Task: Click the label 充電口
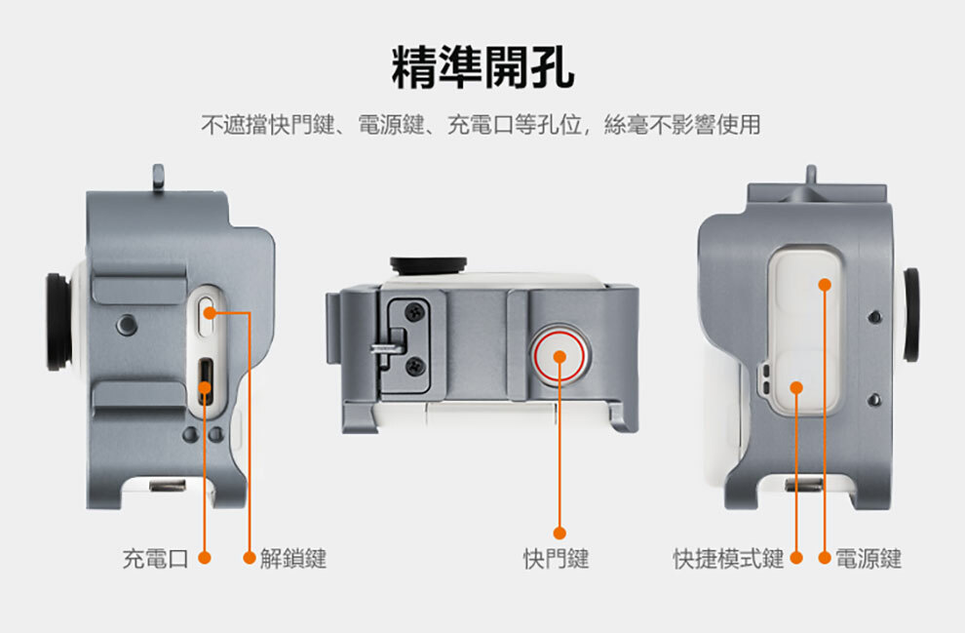[x=155, y=559]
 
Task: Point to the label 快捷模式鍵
[x=728, y=559]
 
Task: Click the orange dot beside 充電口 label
[x=205, y=559]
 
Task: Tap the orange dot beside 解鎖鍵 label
[x=250, y=559]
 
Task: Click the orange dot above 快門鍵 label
[x=560, y=533]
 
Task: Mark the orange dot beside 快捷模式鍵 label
[x=796, y=559]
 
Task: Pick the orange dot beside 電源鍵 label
[x=825, y=559]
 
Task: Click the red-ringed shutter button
[x=560, y=356]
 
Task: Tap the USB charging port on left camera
[x=206, y=379]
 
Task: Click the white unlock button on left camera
[x=207, y=311]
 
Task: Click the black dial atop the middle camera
[x=428, y=263]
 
